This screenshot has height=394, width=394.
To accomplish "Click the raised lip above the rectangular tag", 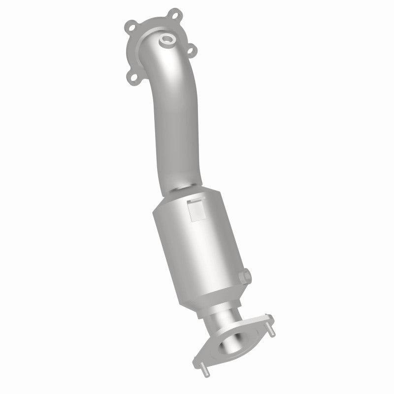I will pos(196,201).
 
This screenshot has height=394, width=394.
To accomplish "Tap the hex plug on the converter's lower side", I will pos(246,276).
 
